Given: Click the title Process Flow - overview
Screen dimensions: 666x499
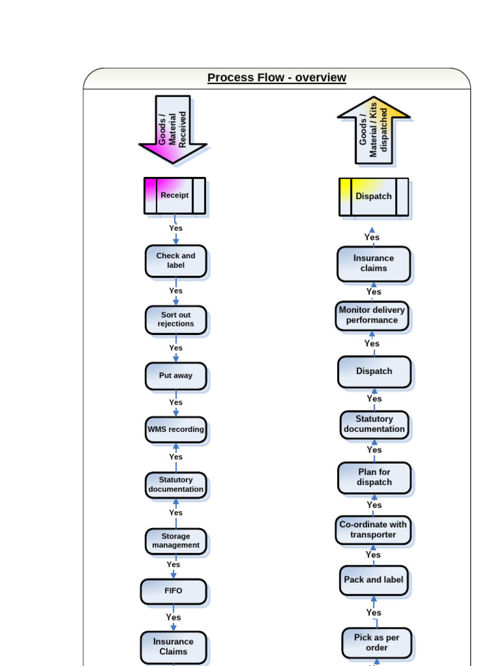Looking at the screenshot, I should [277, 78].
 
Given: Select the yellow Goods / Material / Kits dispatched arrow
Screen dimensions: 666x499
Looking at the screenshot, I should [374, 131].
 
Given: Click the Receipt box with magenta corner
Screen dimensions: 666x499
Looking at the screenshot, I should [175, 195].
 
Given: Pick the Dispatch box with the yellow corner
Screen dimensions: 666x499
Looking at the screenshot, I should [374, 196].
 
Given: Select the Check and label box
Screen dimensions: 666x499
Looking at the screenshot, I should [175, 261].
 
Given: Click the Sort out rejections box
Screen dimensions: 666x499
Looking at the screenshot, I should [175, 319].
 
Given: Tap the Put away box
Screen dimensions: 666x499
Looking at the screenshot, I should [175, 376].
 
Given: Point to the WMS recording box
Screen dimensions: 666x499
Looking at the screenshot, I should [175, 429].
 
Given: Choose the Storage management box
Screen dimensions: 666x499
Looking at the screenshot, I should [175, 541].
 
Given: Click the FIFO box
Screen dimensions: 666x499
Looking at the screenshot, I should [173, 591].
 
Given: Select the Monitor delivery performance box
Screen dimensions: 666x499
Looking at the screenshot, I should [372, 315].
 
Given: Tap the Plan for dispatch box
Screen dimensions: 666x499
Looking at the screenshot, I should [374, 477].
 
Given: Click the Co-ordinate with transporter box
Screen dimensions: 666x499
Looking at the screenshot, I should [373, 530].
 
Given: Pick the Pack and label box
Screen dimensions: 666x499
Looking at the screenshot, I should [374, 580].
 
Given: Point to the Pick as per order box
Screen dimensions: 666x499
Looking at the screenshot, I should [376, 643].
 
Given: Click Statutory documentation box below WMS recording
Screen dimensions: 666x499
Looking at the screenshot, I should [175, 485].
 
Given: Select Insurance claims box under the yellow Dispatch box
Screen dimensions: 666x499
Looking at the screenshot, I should [374, 263].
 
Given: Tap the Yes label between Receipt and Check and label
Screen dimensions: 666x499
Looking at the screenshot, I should [176, 228].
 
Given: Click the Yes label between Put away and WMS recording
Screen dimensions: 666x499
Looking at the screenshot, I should [176, 403].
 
